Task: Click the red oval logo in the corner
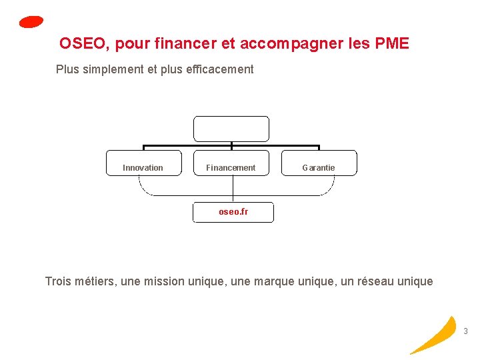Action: pyautogui.click(x=31, y=22)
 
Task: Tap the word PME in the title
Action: pyautogui.click(x=392, y=44)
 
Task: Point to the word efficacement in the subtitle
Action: pyautogui.click(x=221, y=69)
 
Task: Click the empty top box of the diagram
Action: pyautogui.click(x=231, y=129)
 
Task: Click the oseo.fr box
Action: pyautogui.click(x=233, y=212)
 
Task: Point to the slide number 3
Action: pyautogui.click(x=465, y=331)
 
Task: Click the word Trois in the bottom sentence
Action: pyautogui.click(x=58, y=281)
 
